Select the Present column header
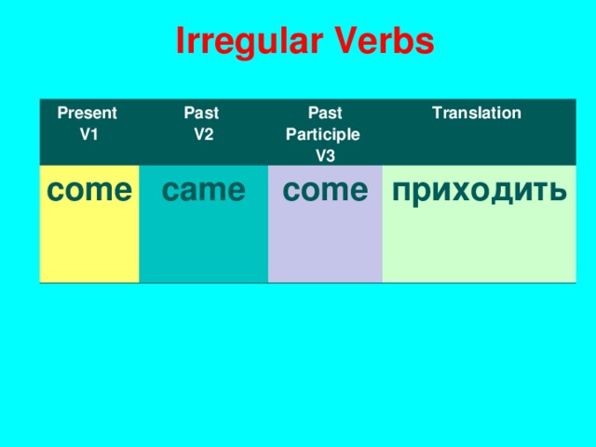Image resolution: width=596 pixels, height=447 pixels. click(x=88, y=114)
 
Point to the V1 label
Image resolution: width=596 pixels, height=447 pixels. click(x=89, y=133)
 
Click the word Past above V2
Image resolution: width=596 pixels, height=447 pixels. click(x=202, y=114)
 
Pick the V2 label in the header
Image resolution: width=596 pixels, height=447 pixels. click(x=204, y=133)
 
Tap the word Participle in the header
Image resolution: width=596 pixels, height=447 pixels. click(x=323, y=134)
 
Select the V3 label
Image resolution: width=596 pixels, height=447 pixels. click(x=325, y=155)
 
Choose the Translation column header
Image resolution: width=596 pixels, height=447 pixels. click(x=476, y=114)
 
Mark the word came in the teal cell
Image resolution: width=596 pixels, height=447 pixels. click(x=203, y=191)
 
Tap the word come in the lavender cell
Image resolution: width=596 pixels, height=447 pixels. click(x=325, y=191)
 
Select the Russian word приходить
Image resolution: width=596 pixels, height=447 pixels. click(x=478, y=191)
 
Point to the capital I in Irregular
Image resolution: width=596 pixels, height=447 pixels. click(x=180, y=42)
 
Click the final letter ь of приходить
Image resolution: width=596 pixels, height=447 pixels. click(x=556, y=191)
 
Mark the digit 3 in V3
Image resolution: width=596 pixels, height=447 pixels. click(x=331, y=155)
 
